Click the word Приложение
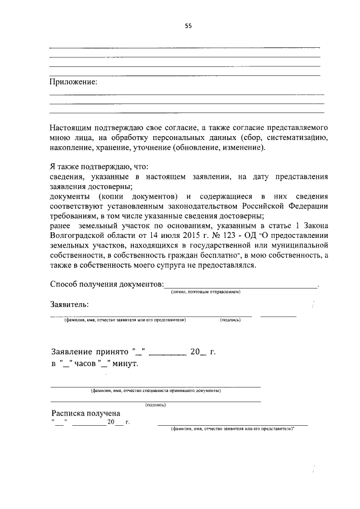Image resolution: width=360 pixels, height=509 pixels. (x=73, y=82)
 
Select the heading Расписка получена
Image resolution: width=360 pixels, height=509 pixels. (x=85, y=413)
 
